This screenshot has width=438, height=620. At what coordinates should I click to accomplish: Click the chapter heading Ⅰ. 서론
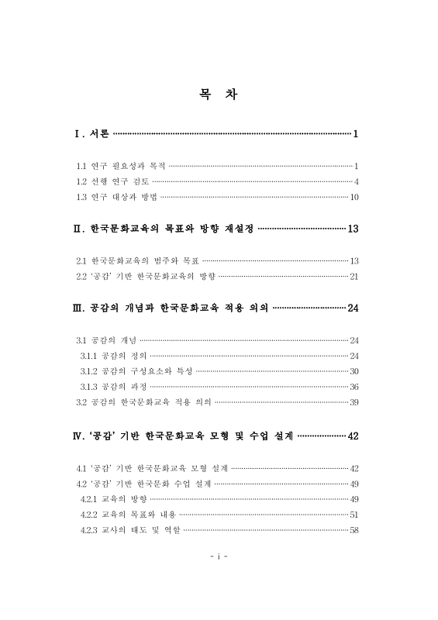tap(91, 135)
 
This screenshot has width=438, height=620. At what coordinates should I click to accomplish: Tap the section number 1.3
tap(81, 197)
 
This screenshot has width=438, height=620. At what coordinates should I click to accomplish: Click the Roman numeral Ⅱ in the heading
tap(77, 229)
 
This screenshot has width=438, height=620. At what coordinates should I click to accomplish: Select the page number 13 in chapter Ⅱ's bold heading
tap(353, 229)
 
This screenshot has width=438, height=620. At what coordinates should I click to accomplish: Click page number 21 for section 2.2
tap(354, 276)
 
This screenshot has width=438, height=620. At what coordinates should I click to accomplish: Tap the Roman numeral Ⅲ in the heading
tap(77, 308)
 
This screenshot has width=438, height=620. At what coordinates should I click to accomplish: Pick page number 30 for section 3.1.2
tap(354, 370)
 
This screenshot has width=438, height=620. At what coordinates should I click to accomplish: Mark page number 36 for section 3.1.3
tap(354, 386)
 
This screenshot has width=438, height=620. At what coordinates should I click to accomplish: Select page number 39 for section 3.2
tap(354, 402)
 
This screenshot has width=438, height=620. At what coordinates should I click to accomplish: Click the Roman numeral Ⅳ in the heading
tap(77, 435)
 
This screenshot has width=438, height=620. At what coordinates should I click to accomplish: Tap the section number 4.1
tap(81, 468)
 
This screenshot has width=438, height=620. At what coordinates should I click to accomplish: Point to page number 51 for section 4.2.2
tap(354, 515)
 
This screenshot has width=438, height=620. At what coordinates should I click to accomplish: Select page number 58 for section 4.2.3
tap(354, 530)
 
